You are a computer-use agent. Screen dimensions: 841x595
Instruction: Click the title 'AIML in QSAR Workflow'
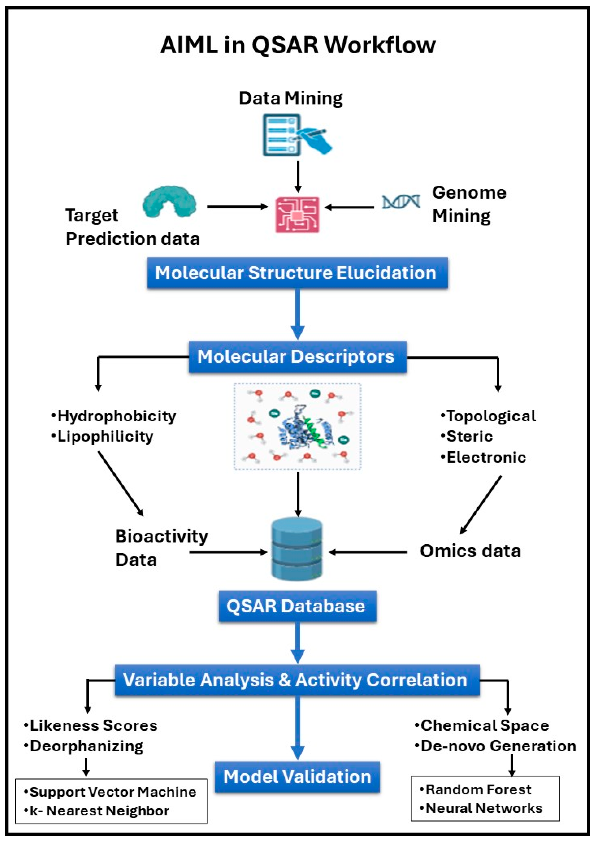tap(298, 45)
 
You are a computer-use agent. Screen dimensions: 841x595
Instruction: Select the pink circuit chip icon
tap(297, 215)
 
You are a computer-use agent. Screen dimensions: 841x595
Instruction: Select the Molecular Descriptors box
tap(297, 356)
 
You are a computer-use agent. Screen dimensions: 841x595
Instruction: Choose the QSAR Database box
tap(297, 606)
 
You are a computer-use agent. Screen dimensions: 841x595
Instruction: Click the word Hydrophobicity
tap(116, 416)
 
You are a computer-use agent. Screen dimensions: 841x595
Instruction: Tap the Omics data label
tap(470, 551)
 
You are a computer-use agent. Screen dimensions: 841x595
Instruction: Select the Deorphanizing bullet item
tap(86, 746)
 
